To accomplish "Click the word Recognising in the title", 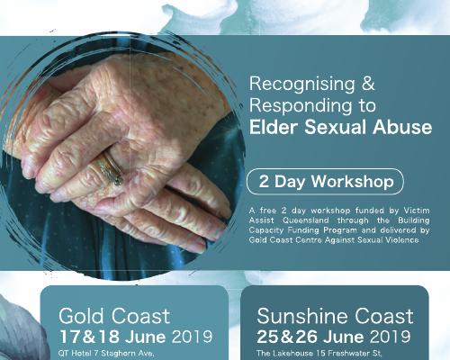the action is pyautogui.click(x=302, y=85).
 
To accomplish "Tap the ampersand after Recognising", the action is pyautogui.click(x=368, y=84).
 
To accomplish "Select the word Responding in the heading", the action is pyautogui.click(x=301, y=106).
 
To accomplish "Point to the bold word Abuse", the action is pyautogui.click(x=402, y=127).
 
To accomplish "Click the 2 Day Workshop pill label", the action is pyautogui.click(x=326, y=182).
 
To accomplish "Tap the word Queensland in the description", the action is pyautogui.click(x=306, y=220).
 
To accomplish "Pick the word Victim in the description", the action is pyautogui.click(x=417, y=211).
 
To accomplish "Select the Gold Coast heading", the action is pyautogui.click(x=114, y=316).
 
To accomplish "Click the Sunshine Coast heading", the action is pyautogui.click(x=335, y=316).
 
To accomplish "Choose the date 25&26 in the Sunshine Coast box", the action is pyautogui.click(x=287, y=337).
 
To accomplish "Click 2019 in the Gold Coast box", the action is pyautogui.click(x=192, y=337).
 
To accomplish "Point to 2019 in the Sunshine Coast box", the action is pyautogui.click(x=390, y=337).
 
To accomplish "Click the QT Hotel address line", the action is pyautogui.click(x=106, y=354).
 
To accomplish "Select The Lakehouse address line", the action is pyautogui.click(x=319, y=354).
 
